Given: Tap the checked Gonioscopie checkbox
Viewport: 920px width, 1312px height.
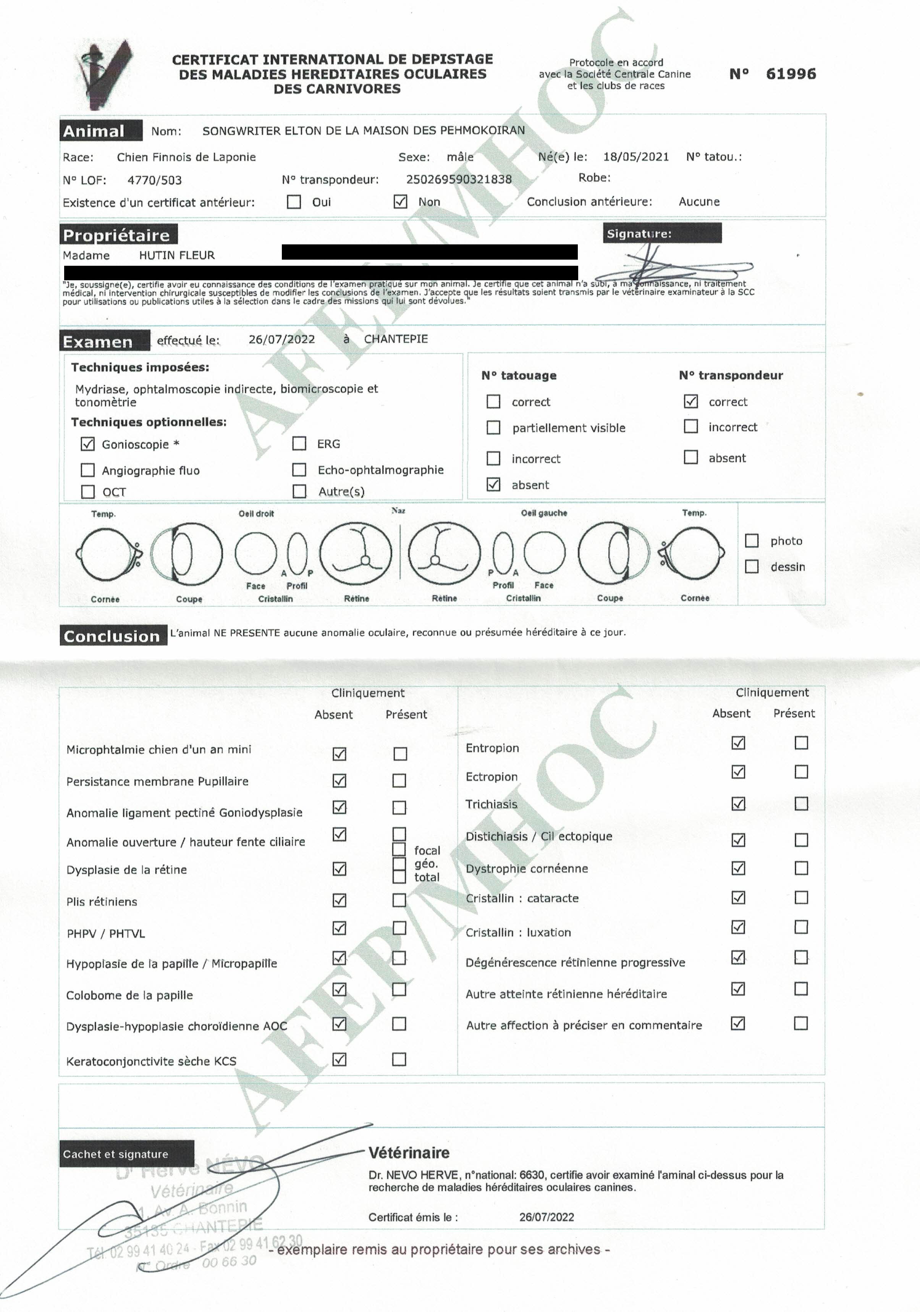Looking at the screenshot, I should (x=87, y=443).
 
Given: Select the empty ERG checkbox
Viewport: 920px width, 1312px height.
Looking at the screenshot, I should (x=299, y=443).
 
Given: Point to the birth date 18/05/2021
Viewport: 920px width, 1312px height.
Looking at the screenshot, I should (x=635, y=157).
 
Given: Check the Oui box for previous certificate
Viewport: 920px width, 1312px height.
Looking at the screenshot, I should (x=294, y=202).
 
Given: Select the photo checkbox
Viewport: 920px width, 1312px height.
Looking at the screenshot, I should (x=752, y=541).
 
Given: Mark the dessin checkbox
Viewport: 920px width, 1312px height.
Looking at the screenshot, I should (x=752, y=566).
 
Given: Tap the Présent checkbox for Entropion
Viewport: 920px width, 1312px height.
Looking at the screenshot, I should (x=801, y=743).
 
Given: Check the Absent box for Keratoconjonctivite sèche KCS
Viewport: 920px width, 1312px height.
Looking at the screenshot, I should (x=339, y=1060).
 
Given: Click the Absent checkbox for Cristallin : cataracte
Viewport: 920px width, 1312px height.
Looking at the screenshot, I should (x=738, y=898).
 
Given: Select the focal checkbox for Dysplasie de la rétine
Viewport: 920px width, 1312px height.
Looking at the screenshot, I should (x=399, y=850).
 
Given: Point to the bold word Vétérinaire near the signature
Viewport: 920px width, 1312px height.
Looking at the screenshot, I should (x=409, y=1152).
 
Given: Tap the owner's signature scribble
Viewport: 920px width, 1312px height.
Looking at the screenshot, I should (x=680, y=266).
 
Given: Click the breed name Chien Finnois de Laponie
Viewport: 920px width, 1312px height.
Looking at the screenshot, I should (x=186, y=157).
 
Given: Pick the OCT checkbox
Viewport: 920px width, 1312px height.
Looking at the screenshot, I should (x=87, y=491).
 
